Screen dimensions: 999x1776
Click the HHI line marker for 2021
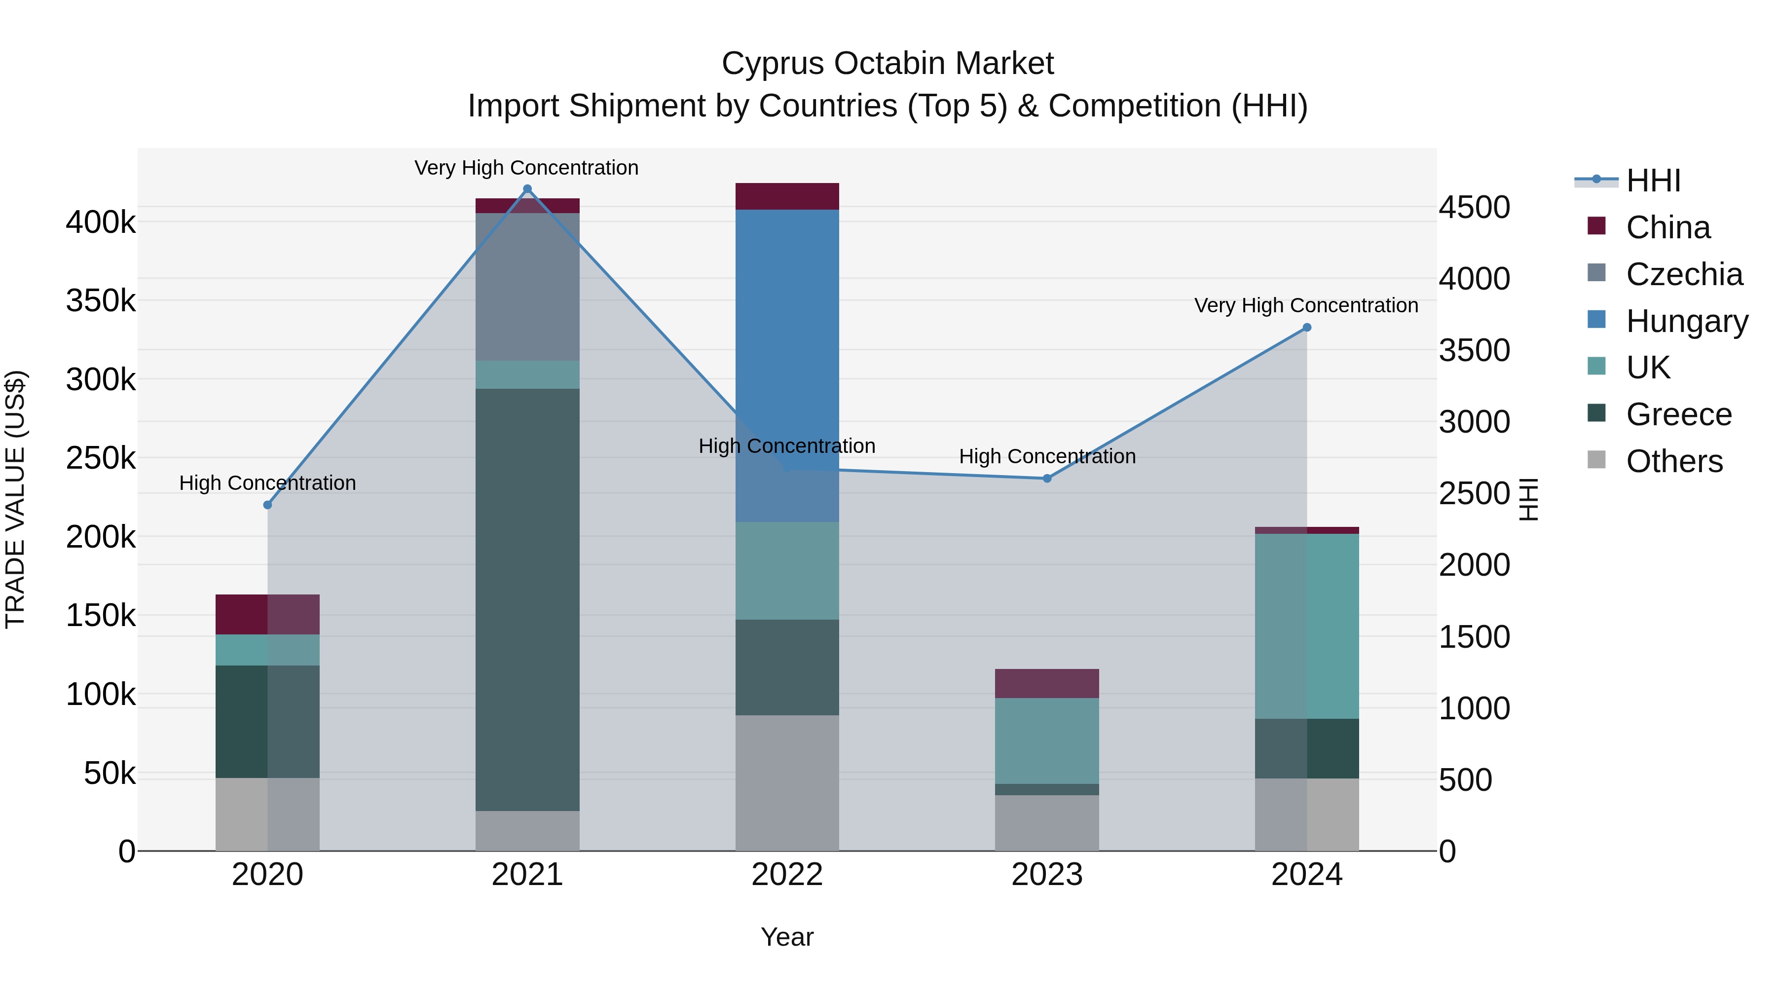coord(527,189)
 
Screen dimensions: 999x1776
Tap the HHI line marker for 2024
coord(1306,328)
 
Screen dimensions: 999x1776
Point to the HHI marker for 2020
coord(267,505)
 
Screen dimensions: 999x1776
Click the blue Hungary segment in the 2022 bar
coord(787,345)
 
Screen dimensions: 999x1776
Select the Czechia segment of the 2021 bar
coord(527,286)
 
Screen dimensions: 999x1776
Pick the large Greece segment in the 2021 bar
coord(527,600)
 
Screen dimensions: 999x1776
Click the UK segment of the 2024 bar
coord(1306,626)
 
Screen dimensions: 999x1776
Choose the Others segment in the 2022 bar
coord(787,782)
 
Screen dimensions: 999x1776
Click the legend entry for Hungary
coord(1686,321)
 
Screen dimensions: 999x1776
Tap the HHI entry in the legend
coord(1653,181)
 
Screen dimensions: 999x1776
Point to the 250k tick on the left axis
coord(101,458)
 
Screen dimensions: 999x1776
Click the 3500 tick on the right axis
coord(1474,350)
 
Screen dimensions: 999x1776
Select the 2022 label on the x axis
coord(787,875)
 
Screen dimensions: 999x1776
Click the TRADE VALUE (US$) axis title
coord(15,499)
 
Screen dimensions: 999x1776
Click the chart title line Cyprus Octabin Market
coord(888,64)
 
